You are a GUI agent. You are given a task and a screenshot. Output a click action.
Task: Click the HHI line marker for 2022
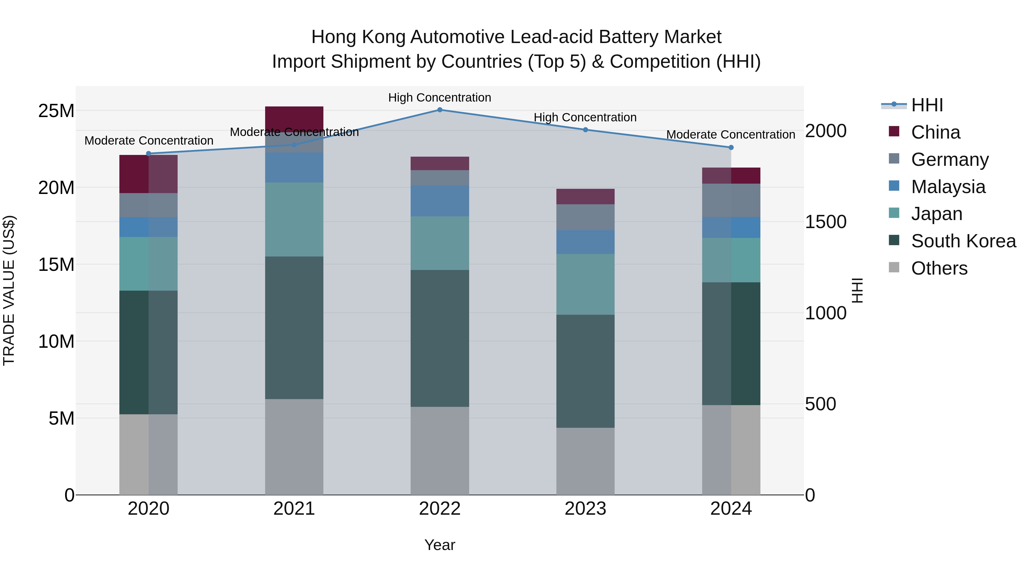click(x=440, y=110)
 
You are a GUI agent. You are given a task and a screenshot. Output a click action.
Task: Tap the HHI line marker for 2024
click(x=731, y=147)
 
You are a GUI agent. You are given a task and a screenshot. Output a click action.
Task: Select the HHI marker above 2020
click(x=148, y=153)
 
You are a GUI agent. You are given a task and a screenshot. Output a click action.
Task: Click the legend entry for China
click(x=935, y=132)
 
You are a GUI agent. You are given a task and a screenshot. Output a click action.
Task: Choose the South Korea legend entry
click(x=963, y=241)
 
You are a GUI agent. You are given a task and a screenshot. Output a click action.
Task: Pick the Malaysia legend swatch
click(x=894, y=186)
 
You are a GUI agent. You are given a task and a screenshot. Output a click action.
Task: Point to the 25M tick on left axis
click(x=56, y=111)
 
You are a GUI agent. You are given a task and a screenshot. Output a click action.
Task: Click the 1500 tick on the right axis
click(x=826, y=222)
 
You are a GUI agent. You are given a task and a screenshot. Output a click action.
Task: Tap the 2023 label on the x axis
click(x=585, y=509)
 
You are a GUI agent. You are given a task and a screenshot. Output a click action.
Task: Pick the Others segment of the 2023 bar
click(x=585, y=461)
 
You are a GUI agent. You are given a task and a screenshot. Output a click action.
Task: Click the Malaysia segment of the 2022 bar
click(x=440, y=201)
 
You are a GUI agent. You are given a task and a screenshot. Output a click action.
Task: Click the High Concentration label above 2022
click(x=440, y=98)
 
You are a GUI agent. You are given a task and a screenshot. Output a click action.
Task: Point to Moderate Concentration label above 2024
click(x=730, y=135)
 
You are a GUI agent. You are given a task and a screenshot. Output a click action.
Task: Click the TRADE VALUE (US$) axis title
click(x=9, y=290)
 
